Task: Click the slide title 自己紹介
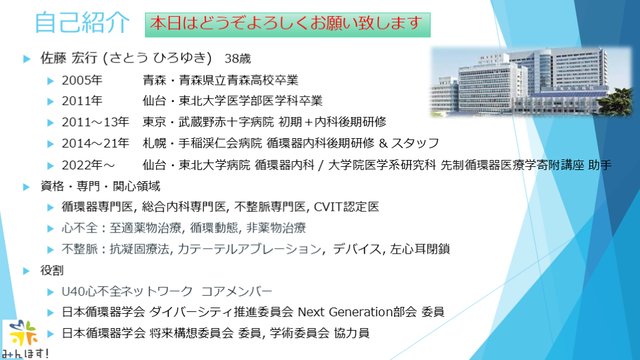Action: [82, 22]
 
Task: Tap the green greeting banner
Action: [287, 24]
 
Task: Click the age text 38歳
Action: [237, 59]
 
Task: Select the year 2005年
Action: [82, 81]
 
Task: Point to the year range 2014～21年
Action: [96, 143]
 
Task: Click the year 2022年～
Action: [88, 165]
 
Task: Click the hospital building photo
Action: [531, 82]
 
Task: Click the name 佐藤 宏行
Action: [69, 58]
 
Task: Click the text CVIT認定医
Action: [346, 207]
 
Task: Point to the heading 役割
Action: [52, 270]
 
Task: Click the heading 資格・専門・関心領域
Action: [101, 186]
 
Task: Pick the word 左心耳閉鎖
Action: [420, 249]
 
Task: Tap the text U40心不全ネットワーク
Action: [127, 291]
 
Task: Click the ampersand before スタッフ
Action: [383, 143]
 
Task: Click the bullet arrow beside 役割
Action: [26, 271]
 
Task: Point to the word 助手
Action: [600, 165]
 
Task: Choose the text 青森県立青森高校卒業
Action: [239, 81]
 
